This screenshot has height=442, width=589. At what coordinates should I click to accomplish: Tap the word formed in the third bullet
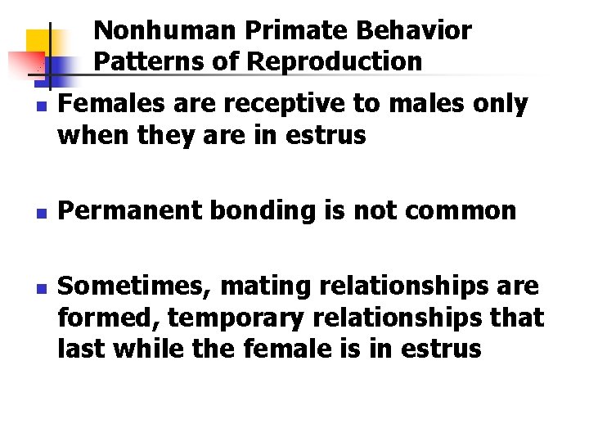click(102, 318)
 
